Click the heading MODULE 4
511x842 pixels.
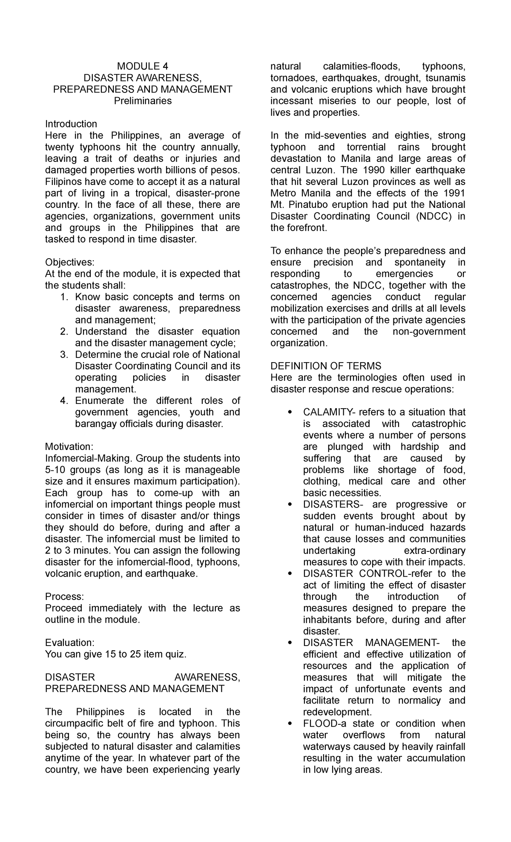tap(143, 66)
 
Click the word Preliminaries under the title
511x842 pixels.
tap(143, 101)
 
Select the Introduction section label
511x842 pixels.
tap(71, 124)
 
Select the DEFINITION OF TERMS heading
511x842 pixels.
tap(326, 366)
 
